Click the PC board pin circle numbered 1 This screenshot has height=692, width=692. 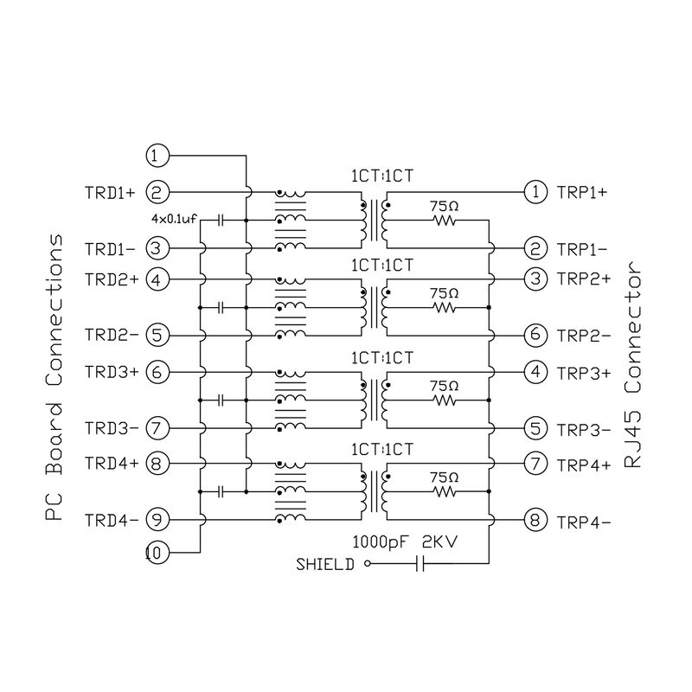click(157, 156)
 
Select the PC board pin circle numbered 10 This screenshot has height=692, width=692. click(157, 551)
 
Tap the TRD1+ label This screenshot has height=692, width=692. click(110, 192)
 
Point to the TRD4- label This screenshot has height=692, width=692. click(110, 520)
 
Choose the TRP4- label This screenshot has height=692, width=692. click(585, 521)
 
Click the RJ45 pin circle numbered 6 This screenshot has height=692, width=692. click(537, 335)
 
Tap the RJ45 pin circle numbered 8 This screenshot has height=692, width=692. click(537, 521)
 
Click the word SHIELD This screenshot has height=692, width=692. click(325, 566)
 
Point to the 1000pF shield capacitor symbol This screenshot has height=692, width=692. click(420, 565)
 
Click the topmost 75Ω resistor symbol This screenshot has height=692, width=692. click(445, 221)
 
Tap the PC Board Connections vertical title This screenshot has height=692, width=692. click(54, 377)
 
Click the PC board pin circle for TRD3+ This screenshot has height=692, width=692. click(157, 372)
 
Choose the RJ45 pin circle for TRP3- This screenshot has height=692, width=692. click(537, 427)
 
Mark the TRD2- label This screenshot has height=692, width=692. click(110, 335)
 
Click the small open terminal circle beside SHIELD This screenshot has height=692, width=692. click(367, 565)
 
